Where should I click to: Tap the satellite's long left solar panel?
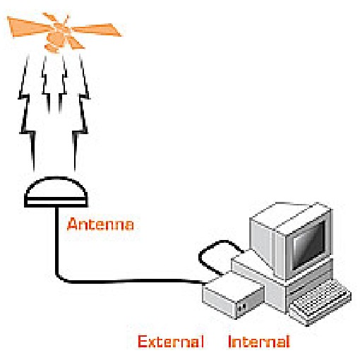pos(28,26)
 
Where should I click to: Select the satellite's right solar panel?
pos(97,30)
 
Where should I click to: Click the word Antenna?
pos(100,224)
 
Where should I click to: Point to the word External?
pos(171,342)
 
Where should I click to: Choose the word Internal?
pos(259,342)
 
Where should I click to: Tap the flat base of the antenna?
pos(56,203)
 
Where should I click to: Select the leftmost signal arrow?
pos(28,112)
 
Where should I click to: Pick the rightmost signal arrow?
pos(81,112)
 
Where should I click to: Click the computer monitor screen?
pos(308,246)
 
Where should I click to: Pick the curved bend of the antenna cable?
pos(60,277)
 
